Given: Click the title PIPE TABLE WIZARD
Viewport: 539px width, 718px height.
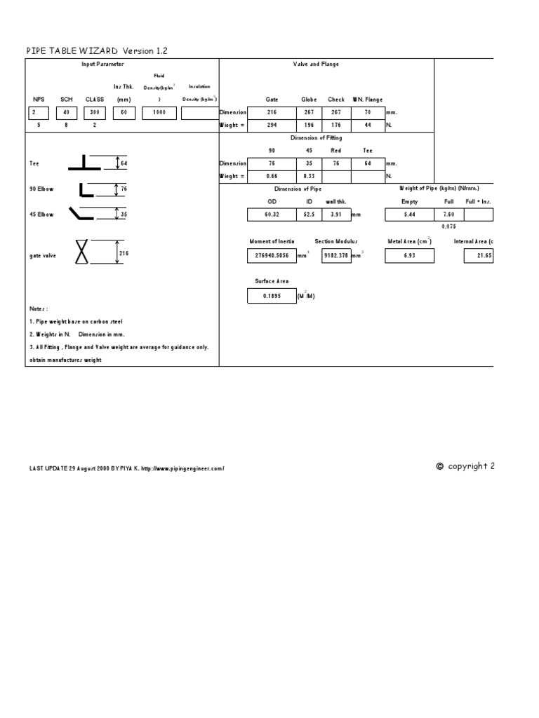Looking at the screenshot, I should (x=73, y=51).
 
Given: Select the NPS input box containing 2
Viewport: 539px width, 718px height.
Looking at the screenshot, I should (x=40, y=112).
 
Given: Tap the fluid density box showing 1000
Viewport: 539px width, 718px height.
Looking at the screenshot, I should (x=159, y=112).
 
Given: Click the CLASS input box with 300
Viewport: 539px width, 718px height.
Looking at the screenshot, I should (x=94, y=112).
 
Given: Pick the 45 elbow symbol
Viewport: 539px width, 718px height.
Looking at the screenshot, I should (x=84, y=214).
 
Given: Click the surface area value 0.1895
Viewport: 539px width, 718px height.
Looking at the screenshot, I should (x=272, y=297).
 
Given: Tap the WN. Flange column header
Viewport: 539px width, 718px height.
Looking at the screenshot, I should (x=368, y=100).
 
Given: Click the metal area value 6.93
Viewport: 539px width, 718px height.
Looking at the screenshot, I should (x=410, y=257).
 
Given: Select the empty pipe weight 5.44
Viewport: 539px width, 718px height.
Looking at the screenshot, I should (x=408, y=215).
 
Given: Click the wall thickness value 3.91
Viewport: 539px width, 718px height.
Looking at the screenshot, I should (x=335, y=215).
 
